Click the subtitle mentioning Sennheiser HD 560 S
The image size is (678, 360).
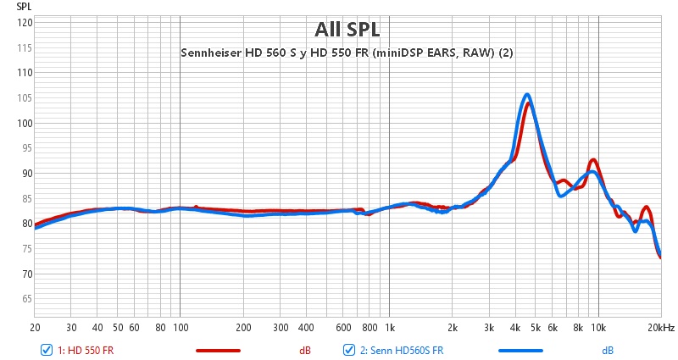click(x=347, y=53)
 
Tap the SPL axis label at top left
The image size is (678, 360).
click(x=24, y=6)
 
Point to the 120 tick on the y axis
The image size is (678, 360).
click(x=25, y=23)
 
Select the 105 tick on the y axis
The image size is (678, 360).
click(x=25, y=98)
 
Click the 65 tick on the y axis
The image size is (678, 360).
click(x=26, y=299)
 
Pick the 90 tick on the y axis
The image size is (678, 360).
click(x=26, y=174)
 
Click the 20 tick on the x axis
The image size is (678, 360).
click(x=35, y=328)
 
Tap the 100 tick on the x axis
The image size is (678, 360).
click(x=180, y=328)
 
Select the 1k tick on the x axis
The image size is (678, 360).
click(x=389, y=328)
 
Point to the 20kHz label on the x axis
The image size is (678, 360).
click(x=661, y=328)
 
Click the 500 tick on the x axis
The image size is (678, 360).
click(x=326, y=328)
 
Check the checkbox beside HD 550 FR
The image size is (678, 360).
click(x=46, y=350)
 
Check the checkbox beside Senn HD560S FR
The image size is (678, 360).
click(x=347, y=350)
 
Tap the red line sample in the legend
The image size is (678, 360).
click(x=218, y=350)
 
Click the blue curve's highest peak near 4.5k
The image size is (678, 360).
click(x=527, y=95)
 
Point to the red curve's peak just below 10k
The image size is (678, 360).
click(x=593, y=160)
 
